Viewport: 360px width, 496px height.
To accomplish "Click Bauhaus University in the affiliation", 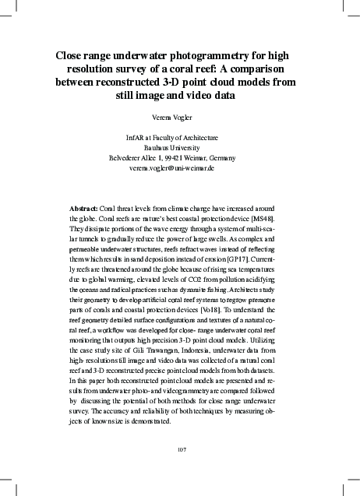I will [x=180, y=147].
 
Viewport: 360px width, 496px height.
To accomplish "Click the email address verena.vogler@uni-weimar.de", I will [x=180, y=167].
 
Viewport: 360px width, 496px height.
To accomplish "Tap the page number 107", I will [x=180, y=449].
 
